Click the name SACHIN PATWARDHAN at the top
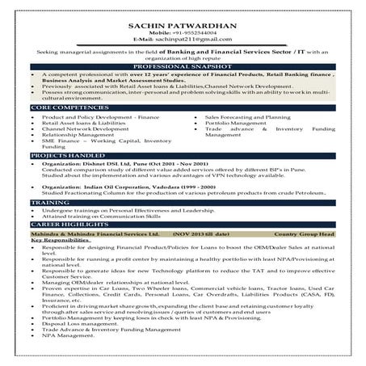tap(183, 26)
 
